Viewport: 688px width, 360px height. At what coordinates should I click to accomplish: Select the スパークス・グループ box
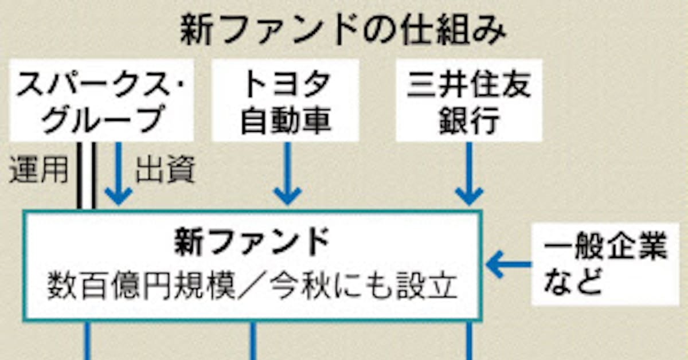tap(101, 101)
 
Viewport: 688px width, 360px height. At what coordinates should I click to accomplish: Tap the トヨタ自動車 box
tap(286, 101)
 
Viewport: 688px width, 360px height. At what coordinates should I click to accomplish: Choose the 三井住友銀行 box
tap(469, 101)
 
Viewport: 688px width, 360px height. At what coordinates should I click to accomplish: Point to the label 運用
tap(38, 170)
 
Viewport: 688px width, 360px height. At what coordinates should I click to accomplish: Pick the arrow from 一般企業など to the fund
tap(508, 265)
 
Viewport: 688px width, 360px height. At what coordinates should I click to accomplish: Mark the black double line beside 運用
tap(86, 175)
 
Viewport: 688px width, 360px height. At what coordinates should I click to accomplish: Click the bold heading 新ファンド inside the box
tap(252, 243)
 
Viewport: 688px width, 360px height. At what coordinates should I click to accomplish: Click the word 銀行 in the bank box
tap(469, 122)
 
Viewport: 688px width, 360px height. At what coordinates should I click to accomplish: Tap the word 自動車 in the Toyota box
tap(286, 122)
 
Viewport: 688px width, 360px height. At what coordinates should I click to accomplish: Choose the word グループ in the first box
tap(103, 122)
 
